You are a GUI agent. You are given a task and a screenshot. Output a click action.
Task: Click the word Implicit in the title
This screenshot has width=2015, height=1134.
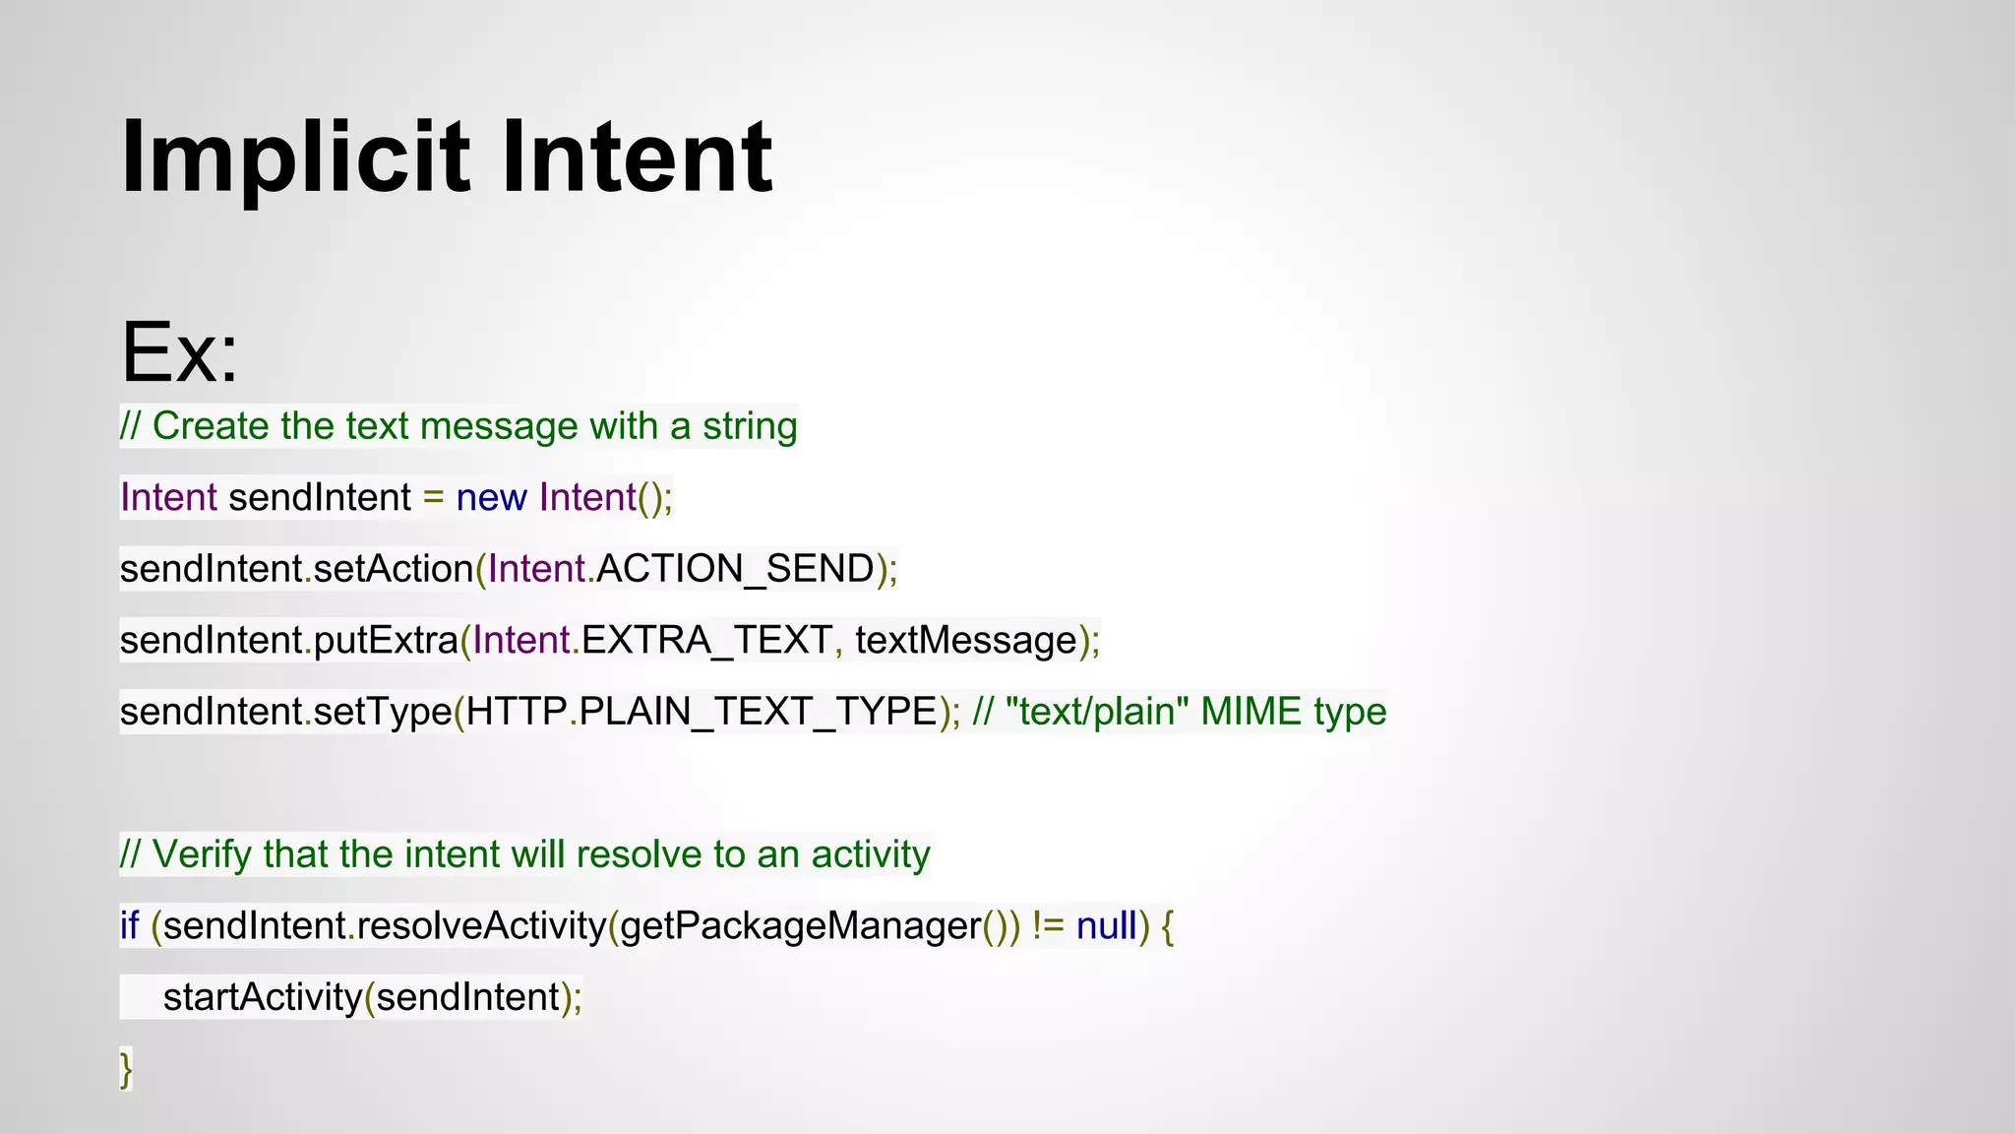click(x=294, y=157)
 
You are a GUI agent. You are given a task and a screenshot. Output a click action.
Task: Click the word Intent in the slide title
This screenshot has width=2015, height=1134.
click(x=636, y=157)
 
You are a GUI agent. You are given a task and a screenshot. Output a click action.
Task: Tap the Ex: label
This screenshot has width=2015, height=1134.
click(x=179, y=352)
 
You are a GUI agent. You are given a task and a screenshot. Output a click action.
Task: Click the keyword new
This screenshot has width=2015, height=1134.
click(x=491, y=498)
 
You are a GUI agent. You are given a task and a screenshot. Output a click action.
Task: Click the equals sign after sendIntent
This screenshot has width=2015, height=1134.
click(x=433, y=498)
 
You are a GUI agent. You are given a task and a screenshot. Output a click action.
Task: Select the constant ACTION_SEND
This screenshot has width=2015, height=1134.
click(x=735, y=569)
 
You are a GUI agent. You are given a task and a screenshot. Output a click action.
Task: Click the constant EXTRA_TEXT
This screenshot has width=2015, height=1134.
click(x=706, y=641)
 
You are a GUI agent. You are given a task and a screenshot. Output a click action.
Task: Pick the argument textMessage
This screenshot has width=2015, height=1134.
click(x=966, y=641)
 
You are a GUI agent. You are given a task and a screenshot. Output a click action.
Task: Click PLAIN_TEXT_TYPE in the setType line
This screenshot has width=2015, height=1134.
click(x=758, y=712)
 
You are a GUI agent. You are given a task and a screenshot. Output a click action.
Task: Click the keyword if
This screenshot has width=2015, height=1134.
click(x=129, y=926)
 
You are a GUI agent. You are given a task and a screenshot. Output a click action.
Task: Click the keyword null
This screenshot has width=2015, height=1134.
click(x=1106, y=926)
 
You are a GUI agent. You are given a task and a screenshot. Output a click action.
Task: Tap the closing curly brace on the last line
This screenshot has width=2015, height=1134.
click(x=125, y=1069)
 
